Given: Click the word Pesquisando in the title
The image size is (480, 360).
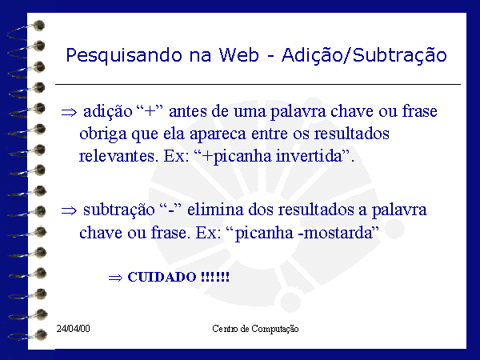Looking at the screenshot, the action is pyautogui.click(x=124, y=56).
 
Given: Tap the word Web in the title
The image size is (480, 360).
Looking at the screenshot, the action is pyautogui.click(x=238, y=55).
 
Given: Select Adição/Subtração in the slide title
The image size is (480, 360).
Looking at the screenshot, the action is pyautogui.click(x=364, y=56).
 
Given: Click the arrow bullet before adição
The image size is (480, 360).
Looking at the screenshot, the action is pyautogui.click(x=69, y=112).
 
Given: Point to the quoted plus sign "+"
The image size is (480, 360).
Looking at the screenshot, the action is pyautogui.click(x=150, y=110).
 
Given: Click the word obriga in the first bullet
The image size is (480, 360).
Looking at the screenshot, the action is pyautogui.click(x=103, y=134).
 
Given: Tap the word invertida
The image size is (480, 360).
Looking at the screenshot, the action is pyautogui.click(x=309, y=156).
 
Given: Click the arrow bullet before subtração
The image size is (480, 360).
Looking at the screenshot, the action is pyautogui.click(x=69, y=211).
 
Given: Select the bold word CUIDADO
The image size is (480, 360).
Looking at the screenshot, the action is pyautogui.click(x=162, y=277).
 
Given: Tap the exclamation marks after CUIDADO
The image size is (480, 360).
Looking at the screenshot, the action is pyautogui.click(x=215, y=277).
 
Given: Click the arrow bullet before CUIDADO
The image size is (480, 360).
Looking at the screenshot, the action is pyautogui.click(x=115, y=278).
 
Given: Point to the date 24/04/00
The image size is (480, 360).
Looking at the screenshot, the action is pyautogui.click(x=73, y=329).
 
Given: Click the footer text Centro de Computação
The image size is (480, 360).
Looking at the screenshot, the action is pyautogui.click(x=255, y=329).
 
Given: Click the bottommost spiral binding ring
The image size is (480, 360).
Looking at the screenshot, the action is pyautogui.click(x=27, y=335).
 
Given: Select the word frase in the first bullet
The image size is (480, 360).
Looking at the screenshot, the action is pyautogui.click(x=419, y=111).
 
